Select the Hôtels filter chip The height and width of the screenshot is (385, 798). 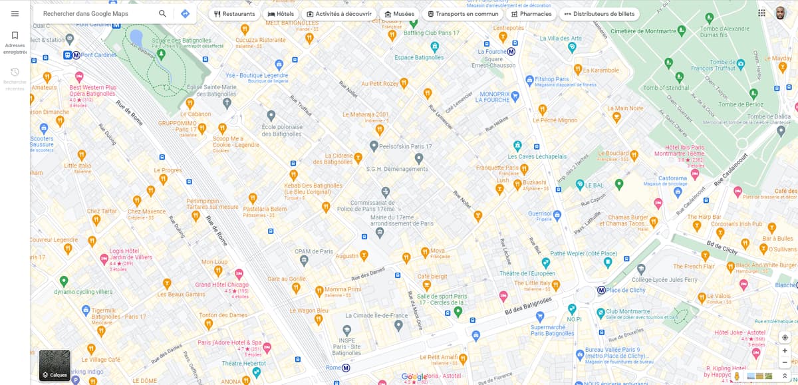280,14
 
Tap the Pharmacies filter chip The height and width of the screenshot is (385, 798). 531,14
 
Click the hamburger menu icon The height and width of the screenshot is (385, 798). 15,14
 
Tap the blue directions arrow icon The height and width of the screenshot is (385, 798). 185,14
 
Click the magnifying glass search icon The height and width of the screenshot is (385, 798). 163,14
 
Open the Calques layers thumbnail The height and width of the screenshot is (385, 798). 55,365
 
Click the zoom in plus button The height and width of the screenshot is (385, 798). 785,350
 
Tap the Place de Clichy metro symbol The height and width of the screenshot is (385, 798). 601,290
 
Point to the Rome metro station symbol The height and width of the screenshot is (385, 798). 346,368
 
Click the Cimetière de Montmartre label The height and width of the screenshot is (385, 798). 643,31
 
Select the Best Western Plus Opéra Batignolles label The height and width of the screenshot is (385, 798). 92,90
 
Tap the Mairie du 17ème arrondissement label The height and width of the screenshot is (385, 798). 402,220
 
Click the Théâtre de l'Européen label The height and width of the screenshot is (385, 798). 527,274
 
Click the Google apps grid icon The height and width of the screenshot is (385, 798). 761,13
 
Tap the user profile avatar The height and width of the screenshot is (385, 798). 781,13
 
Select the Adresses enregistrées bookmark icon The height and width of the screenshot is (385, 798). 15,35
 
